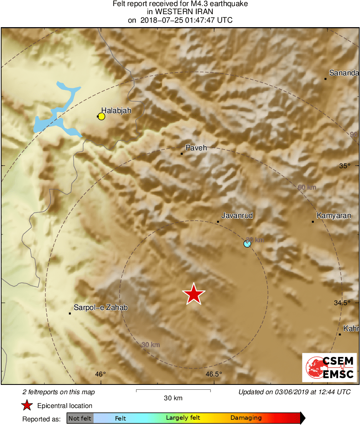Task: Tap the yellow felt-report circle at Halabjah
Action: pyautogui.click(x=101, y=117)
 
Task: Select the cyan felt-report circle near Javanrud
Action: pyautogui.click(x=247, y=243)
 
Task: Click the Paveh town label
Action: pyautogui.click(x=196, y=148)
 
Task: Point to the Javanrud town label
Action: pyautogui.click(x=237, y=216)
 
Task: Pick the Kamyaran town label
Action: pyautogui.click(x=334, y=216)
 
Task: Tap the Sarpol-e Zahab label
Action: pyautogui.click(x=101, y=308)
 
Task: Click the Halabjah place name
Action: pyautogui.click(x=116, y=110)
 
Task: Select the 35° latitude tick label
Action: pyautogui.click(x=345, y=166)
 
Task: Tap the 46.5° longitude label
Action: pyautogui.click(x=214, y=374)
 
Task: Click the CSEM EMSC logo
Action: pyautogui.click(x=330, y=367)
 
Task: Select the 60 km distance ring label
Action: pyautogui.click(x=307, y=187)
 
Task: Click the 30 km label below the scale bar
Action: pyautogui.click(x=173, y=398)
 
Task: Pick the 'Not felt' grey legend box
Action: pyautogui.click(x=80, y=418)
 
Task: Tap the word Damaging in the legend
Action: pyautogui.click(x=246, y=418)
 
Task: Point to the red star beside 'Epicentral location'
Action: pyautogui.click(x=27, y=406)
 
